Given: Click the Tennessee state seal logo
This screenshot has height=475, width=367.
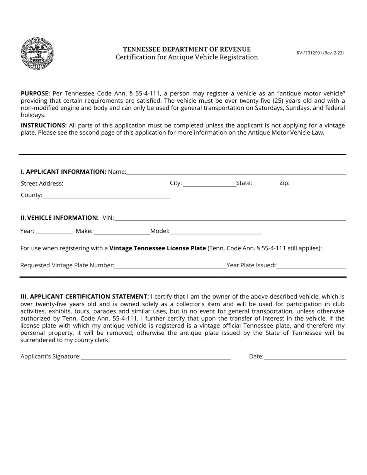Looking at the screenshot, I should tap(37, 53).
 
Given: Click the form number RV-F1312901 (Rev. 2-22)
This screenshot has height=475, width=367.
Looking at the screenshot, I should tap(320, 53).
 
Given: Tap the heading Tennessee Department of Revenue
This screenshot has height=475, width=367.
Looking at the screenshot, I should tap(187, 49).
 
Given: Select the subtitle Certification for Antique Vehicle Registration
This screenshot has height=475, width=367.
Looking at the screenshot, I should tap(187, 57).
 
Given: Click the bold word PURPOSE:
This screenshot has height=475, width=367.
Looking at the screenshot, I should tap(35, 93).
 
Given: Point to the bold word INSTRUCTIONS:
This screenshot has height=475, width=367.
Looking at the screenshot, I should tap(44, 126).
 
